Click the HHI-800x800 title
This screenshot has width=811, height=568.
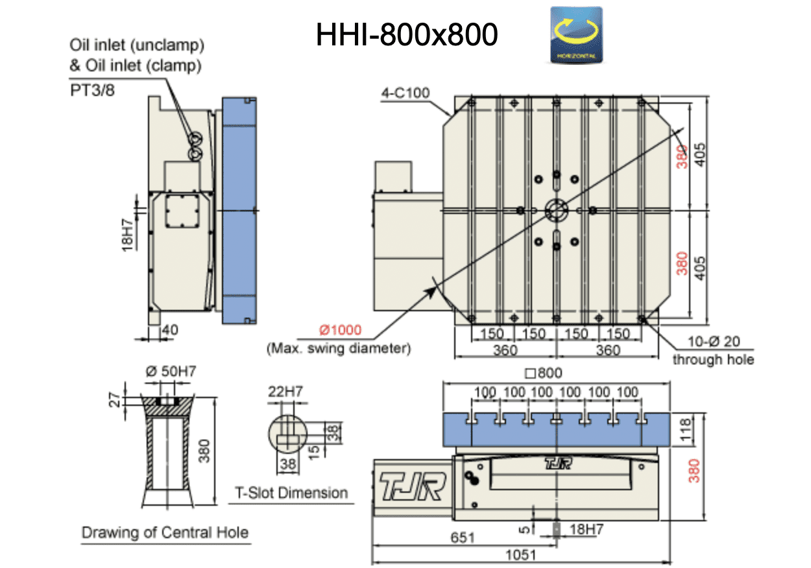[x=407, y=35]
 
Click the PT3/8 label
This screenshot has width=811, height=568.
[x=92, y=90]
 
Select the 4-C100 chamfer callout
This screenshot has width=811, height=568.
[x=405, y=93]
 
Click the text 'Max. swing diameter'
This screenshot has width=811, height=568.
[x=339, y=348]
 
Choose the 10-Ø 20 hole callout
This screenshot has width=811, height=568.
[x=714, y=342]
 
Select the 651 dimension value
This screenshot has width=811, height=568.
[x=461, y=538]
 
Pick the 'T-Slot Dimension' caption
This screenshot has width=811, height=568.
[x=291, y=493]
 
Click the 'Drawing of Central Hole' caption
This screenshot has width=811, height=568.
[x=165, y=533]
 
